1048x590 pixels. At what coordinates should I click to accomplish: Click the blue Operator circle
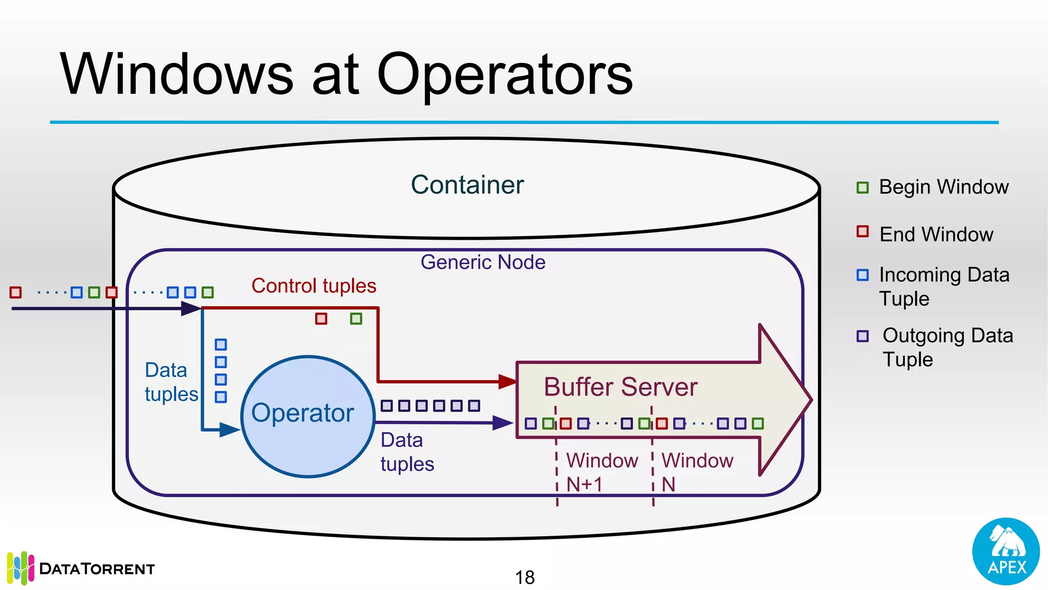[x=308, y=416]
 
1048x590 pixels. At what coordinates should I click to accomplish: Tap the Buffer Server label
[x=620, y=387]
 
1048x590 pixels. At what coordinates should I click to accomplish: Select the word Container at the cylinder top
[x=467, y=185]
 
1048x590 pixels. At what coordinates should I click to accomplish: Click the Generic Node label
[x=483, y=262]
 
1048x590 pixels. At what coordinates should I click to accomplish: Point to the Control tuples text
[x=314, y=286]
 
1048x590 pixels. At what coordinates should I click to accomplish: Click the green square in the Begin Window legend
[x=863, y=187]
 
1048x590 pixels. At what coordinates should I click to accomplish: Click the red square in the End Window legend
[x=863, y=231]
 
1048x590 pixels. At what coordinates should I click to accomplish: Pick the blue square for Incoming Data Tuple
[x=863, y=275]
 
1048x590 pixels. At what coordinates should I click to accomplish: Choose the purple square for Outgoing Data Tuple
[x=863, y=336]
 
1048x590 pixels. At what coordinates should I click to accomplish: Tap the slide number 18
[x=525, y=577]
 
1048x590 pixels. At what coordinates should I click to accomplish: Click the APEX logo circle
[x=1006, y=551]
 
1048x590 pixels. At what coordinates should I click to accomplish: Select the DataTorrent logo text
[x=97, y=569]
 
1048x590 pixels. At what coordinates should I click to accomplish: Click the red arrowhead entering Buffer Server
[x=508, y=382]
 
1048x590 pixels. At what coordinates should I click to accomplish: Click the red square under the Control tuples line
[x=321, y=319]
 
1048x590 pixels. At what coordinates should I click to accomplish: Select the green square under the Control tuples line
[x=356, y=319]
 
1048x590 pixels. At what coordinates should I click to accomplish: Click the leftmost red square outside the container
[x=15, y=292]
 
